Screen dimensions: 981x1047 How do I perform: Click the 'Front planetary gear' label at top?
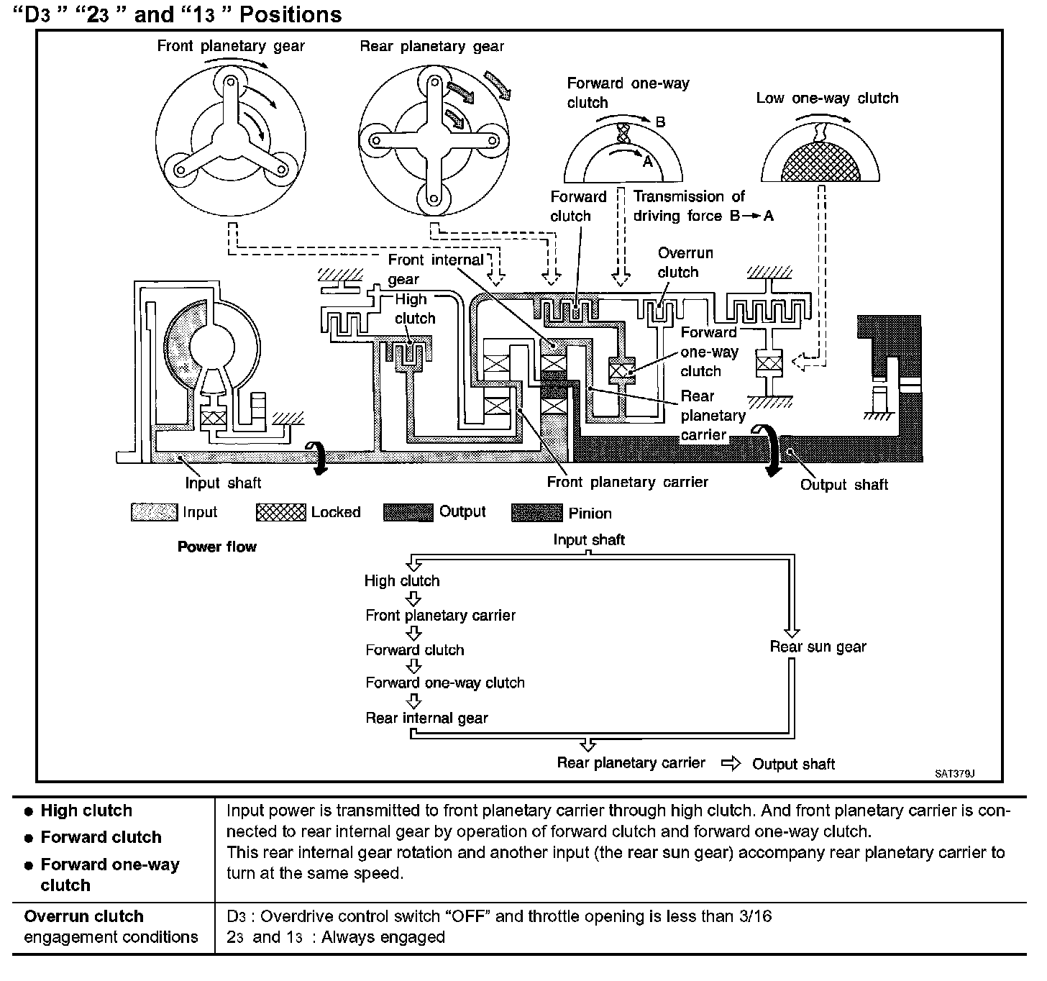coord(231,47)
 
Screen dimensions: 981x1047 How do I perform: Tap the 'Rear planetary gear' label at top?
coord(431,47)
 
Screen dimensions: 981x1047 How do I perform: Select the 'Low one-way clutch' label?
coord(827,98)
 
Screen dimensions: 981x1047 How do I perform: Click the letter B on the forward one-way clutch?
coord(660,122)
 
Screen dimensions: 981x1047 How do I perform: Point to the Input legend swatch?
coord(154,512)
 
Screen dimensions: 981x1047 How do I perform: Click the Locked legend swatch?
coord(280,512)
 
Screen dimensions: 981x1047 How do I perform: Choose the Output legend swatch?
coord(408,512)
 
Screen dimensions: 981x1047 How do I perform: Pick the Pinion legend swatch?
coord(536,513)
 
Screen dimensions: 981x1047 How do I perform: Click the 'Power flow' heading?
coord(216,547)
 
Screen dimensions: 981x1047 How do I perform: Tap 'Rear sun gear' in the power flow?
coord(818,647)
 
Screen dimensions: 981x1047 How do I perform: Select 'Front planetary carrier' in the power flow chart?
coord(440,616)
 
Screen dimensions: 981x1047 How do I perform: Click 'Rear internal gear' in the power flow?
coord(426,718)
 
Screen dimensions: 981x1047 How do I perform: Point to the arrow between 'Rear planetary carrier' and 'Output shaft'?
coord(730,763)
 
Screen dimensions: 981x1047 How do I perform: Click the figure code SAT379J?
coord(954,774)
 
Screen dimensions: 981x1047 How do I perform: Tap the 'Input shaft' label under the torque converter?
coord(223,483)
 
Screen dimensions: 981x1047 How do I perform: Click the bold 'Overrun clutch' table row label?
coord(83,916)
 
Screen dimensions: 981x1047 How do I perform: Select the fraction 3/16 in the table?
coord(755,916)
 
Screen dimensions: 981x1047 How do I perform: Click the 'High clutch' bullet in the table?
coord(86,811)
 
